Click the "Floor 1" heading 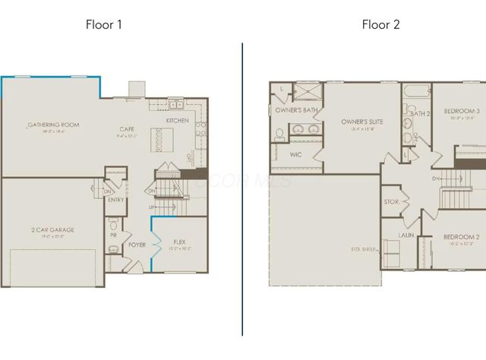tap(104, 24)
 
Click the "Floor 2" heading tap(380, 24)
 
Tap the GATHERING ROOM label tap(53, 125)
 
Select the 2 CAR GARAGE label tap(52, 229)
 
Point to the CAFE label tap(127, 129)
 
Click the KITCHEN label tap(178, 121)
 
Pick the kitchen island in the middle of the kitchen tap(163, 139)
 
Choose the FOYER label tap(137, 245)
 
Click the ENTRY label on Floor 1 tap(116, 200)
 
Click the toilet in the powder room tap(113, 225)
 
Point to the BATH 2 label tap(420, 114)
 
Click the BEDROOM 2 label tap(461, 236)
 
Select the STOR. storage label tap(392, 202)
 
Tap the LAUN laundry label tap(405, 235)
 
